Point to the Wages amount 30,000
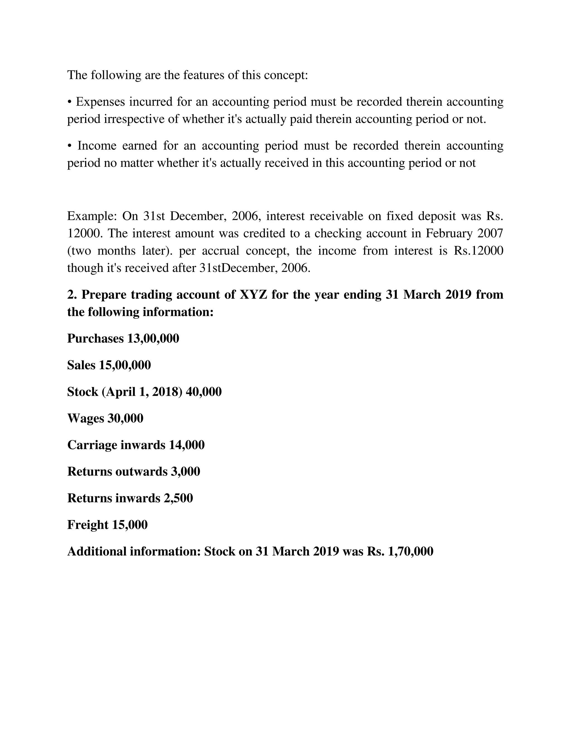(125, 419)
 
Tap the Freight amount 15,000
(130, 525)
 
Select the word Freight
(88, 525)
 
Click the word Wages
(86, 419)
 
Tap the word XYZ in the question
(253, 295)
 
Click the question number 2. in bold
(72, 295)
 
